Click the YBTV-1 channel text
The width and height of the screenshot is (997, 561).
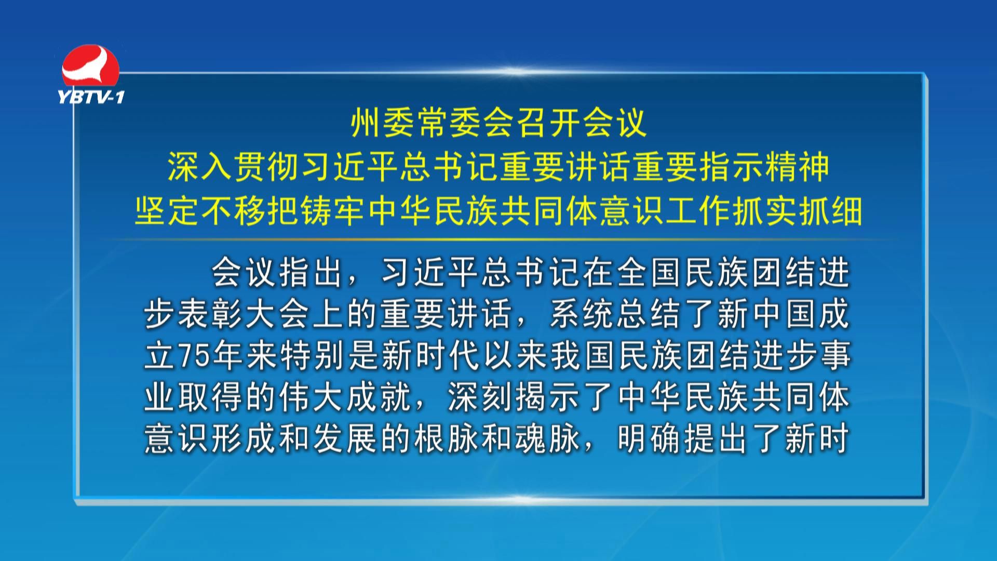91,97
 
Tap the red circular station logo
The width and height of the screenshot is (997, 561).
91,66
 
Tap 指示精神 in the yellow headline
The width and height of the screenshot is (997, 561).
764,168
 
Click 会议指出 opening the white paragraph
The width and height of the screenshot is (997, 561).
278,273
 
